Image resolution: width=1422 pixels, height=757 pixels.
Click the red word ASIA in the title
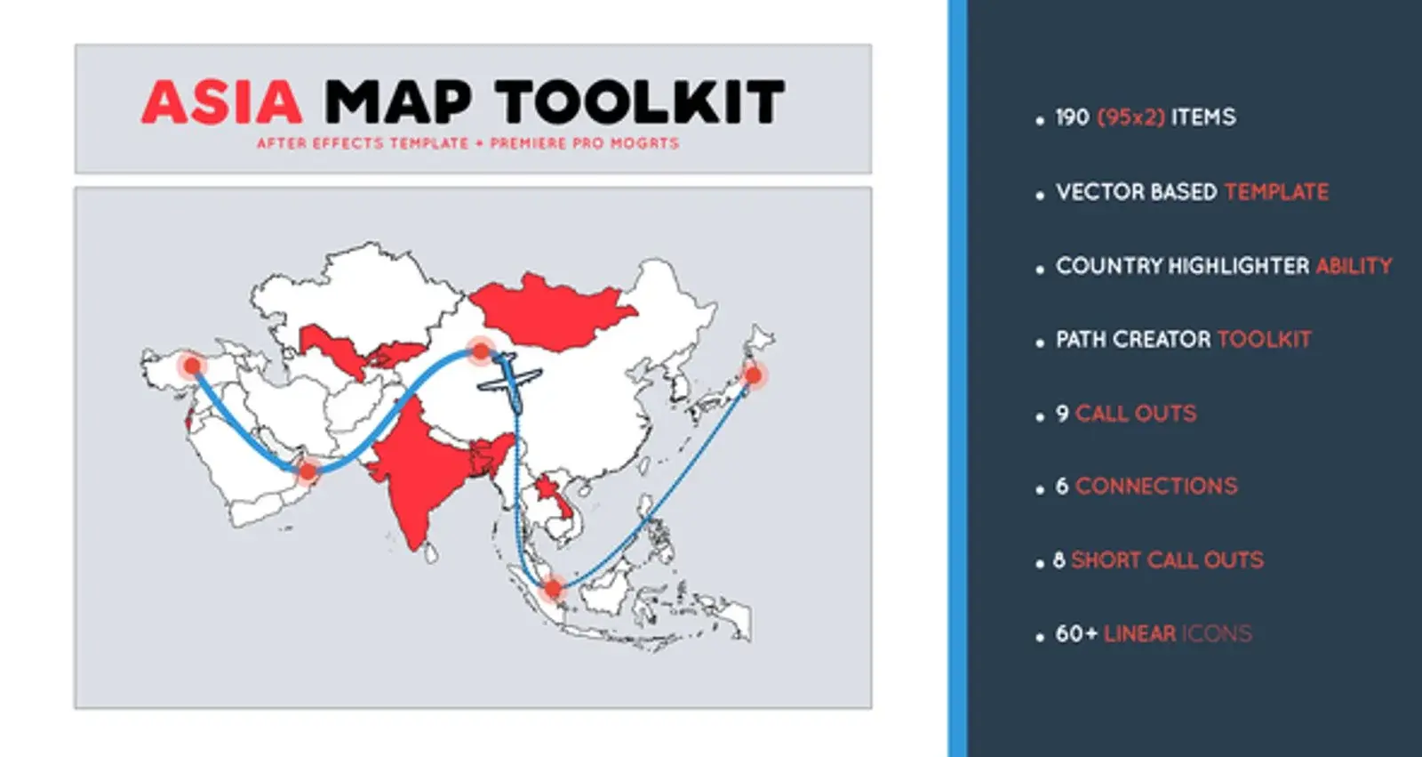[221, 101]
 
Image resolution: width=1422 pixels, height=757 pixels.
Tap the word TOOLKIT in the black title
[641, 101]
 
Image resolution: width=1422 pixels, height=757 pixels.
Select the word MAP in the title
[398, 101]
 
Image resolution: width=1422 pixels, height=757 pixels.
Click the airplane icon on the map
[509, 382]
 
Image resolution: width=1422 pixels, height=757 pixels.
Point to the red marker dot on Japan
[754, 375]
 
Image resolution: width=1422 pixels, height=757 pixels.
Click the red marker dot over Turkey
[192, 366]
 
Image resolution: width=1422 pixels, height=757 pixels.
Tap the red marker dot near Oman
[308, 471]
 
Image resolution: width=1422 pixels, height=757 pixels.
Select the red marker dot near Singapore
[553, 589]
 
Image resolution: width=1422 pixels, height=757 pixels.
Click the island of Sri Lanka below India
[431, 553]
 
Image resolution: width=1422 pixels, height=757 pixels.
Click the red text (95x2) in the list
[1131, 117]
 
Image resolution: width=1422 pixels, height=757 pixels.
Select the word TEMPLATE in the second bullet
[1276, 192]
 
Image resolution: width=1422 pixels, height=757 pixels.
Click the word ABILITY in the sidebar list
[1354, 266]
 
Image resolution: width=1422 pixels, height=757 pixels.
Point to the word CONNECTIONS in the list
[1156, 487]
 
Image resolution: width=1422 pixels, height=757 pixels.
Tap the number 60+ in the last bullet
[1076, 633]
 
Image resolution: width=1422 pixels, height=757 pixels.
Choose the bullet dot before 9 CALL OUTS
[1039, 417]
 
